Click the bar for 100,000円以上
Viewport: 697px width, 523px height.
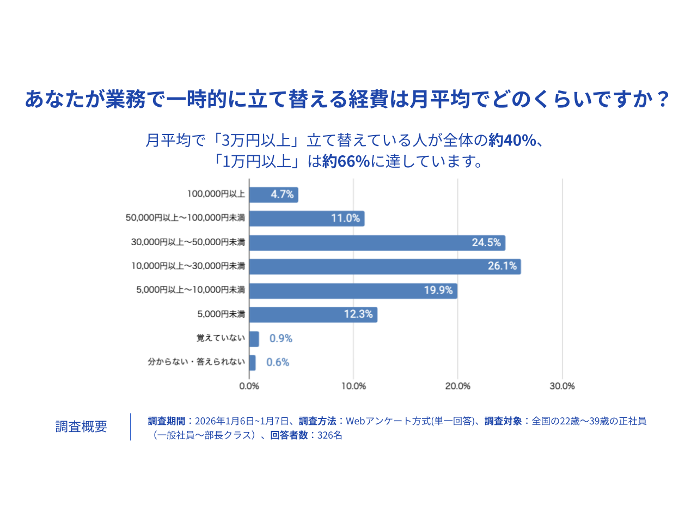point(273,194)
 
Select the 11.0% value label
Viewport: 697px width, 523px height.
point(345,218)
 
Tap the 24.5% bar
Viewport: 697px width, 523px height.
point(377,243)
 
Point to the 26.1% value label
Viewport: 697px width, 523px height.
point(502,266)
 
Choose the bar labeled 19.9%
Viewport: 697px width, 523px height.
point(353,291)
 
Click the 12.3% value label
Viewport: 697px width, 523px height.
point(358,314)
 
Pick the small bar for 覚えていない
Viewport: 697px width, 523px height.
point(254,339)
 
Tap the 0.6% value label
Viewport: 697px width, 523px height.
point(278,362)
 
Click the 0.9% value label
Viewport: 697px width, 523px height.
point(281,338)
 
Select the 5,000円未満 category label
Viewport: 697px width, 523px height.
point(221,314)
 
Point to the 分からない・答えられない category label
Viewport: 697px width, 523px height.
point(197,362)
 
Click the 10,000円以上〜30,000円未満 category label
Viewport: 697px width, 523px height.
point(188,266)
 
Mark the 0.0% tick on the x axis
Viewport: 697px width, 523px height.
point(249,386)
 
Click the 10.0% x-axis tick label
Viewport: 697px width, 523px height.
point(353,386)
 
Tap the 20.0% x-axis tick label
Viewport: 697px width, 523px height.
point(457,386)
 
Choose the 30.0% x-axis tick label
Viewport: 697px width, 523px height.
point(562,386)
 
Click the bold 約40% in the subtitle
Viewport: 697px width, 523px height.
point(512,141)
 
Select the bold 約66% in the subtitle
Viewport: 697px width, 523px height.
point(346,162)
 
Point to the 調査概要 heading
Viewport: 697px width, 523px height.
point(81,427)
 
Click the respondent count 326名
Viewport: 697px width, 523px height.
point(330,435)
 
